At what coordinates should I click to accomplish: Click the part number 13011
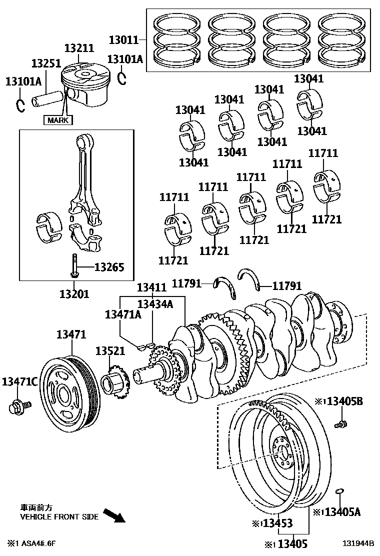124,38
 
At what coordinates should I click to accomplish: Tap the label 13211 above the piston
79,48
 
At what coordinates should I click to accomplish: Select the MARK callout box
58,120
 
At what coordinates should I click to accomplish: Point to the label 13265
109,267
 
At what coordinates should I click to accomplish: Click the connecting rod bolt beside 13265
74,265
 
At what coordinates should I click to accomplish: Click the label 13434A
155,303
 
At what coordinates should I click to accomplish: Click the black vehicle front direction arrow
113,515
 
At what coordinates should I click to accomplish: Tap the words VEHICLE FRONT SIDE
59,517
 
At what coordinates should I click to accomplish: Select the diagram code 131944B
358,543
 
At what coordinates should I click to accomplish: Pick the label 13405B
345,401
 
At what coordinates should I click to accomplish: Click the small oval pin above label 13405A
339,491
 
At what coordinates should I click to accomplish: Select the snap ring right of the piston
123,78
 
